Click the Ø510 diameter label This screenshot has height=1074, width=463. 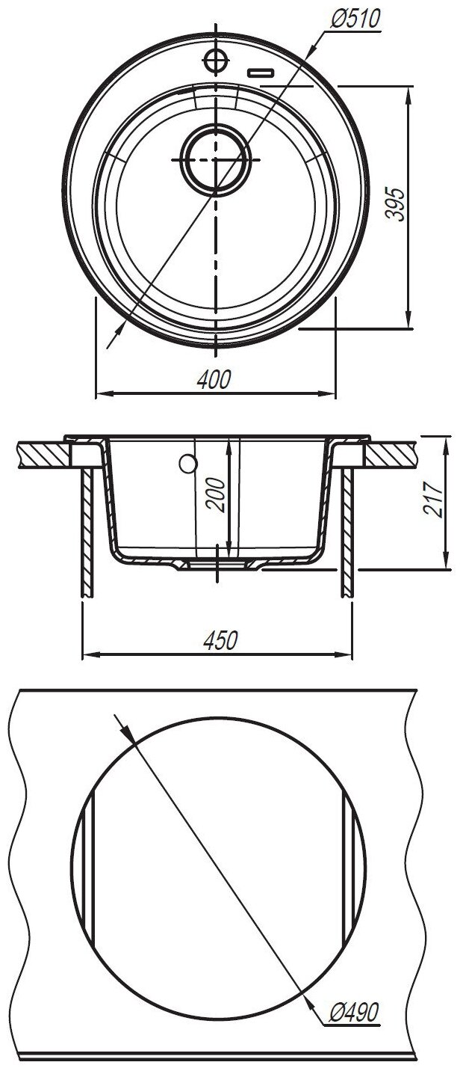pyautogui.click(x=355, y=19)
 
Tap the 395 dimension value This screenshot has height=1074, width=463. pyautogui.click(x=396, y=204)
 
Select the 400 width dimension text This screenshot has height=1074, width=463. pyautogui.click(x=214, y=380)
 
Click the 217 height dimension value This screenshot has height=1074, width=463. pyautogui.click(x=434, y=499)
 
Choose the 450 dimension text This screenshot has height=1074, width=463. pyautogui.click(x=220, y=640)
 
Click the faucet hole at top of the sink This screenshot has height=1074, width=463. pyautogui.click(x=216, y=61)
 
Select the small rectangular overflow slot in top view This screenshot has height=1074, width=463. pyautogui.click(x=261, y=73)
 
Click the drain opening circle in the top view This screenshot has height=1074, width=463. pyautogui.click(x=216, y=159)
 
